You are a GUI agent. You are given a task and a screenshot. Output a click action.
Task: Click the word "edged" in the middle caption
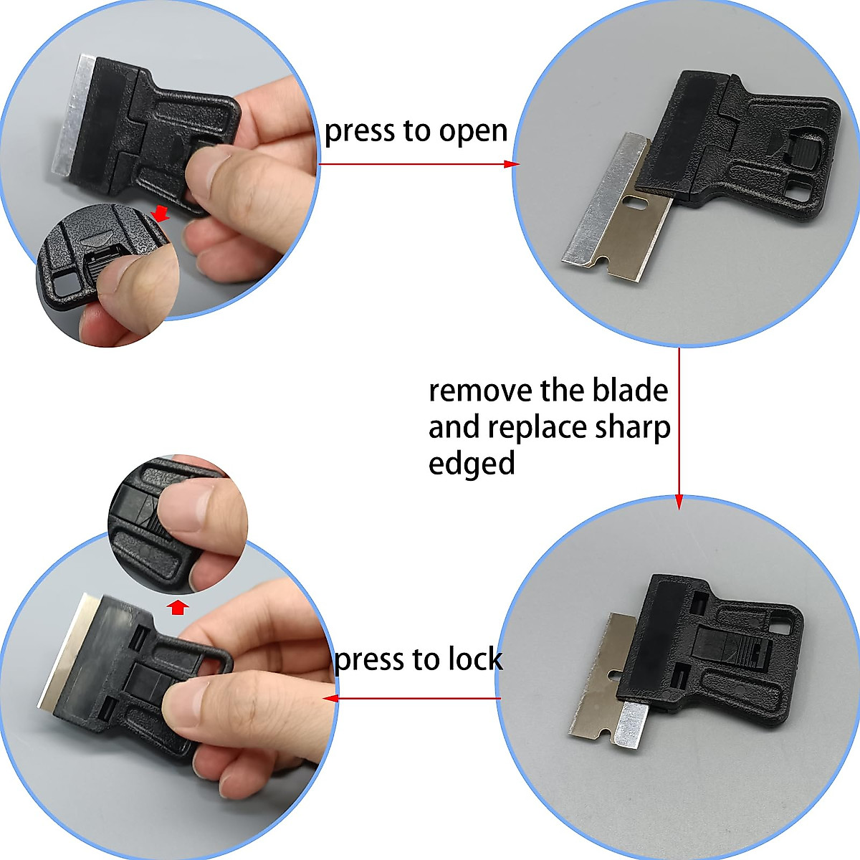472,463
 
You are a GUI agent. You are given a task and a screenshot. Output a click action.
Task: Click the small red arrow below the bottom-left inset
178,608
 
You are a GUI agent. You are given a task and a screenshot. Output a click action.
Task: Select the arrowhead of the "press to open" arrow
512,164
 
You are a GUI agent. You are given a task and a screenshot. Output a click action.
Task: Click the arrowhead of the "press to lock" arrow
330,698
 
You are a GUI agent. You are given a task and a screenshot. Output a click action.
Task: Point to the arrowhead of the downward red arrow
679,503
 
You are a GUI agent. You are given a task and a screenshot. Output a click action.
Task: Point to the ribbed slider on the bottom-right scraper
748,650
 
